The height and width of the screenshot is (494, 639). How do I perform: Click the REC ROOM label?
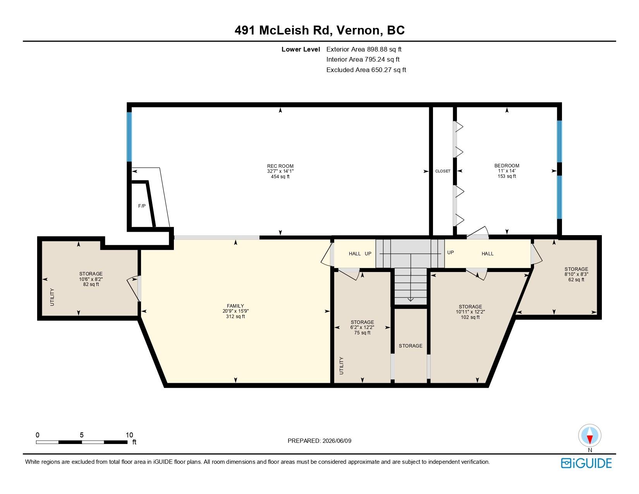point(280,166)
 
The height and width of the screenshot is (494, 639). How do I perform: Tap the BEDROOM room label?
point(507,166)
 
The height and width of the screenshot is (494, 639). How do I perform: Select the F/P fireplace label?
point(142,206)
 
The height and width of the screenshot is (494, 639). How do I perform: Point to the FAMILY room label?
point(235,306)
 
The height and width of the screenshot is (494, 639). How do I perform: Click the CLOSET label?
point(443,171)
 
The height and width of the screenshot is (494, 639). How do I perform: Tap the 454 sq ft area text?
point(280,177)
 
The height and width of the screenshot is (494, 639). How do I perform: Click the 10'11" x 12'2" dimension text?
point(470,312)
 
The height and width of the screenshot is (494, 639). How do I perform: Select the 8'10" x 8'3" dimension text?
point(576,274)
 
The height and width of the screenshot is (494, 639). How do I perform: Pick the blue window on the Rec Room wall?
point(129,137)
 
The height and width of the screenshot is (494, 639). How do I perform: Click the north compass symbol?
point(589,436)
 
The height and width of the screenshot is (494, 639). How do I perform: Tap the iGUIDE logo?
point(586,463)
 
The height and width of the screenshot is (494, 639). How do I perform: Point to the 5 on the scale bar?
point(81,435)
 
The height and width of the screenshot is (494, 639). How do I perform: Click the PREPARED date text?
point(319,441)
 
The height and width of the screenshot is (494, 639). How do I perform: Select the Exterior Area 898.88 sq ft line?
point(364,49)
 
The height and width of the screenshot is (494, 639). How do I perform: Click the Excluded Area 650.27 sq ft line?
point(366,70)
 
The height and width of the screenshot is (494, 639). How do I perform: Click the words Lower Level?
point(301,50)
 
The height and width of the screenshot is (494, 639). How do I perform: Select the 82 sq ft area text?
point(91,284)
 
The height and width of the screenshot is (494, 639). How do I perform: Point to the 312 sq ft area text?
point(235,317)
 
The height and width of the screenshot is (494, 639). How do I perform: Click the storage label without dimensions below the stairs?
point(411,346)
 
